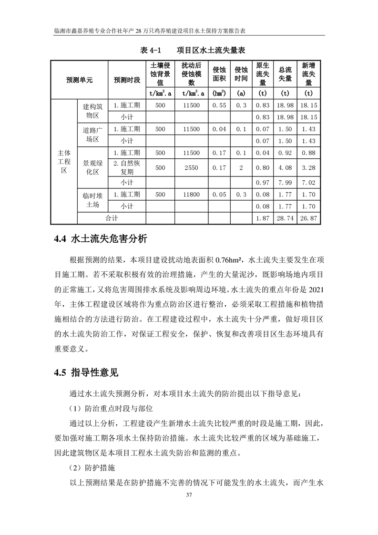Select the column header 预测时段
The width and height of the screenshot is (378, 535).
127,80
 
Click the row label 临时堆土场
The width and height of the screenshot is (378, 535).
92,200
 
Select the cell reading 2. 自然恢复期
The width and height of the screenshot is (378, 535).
127,167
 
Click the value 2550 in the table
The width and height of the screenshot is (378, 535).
191,167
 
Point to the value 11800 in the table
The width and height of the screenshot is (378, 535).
191,195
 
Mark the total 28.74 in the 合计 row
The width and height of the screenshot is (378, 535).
285,218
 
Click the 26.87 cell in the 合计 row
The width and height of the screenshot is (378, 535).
309,218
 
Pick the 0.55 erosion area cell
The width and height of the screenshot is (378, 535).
219,105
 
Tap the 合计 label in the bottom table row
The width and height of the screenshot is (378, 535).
112,218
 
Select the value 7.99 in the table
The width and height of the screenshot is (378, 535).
285,183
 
